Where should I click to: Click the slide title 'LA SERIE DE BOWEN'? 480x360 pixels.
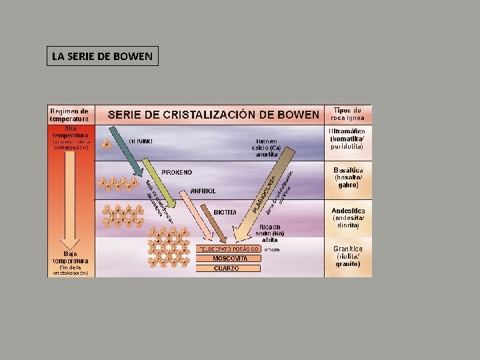point(103,56)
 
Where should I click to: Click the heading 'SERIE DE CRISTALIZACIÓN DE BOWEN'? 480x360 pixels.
point(213,114)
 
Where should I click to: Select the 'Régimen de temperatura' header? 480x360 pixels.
point(71,114)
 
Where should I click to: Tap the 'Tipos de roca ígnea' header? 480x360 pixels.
point(348,114)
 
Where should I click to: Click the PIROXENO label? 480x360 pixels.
point(172,171)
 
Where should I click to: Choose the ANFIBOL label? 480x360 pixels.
point(203,190)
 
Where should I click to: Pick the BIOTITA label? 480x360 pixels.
point(225,212)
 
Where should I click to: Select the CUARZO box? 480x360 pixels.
point(226,268)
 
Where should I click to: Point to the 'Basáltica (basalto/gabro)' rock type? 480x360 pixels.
point(348,178)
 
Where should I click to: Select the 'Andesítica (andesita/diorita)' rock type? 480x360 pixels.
point(348,218)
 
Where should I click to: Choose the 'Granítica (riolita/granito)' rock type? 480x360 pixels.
point(348,256)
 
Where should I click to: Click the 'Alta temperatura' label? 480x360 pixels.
point(71,132)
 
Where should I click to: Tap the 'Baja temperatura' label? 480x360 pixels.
point(71,257)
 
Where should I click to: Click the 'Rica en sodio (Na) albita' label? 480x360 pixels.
point(271,234)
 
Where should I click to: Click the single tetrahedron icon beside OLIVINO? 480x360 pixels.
point(106,144)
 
